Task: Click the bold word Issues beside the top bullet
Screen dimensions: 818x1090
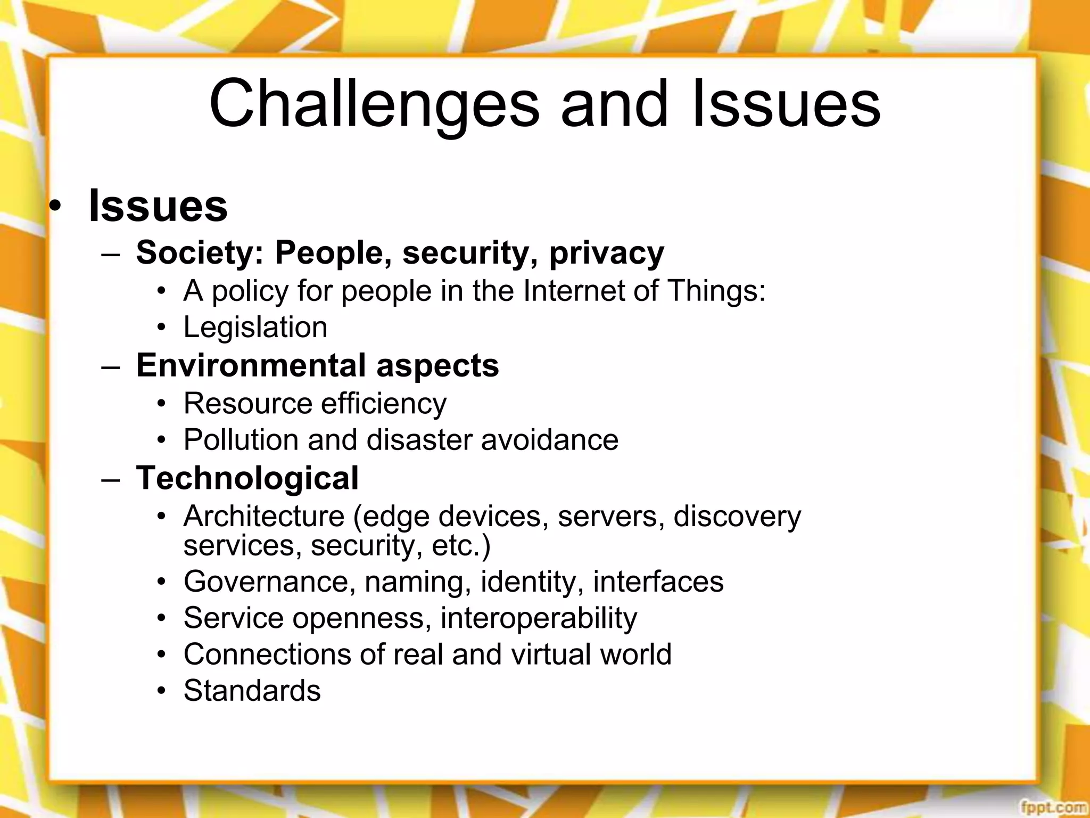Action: pos(158,206)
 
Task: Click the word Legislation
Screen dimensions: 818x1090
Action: pos(255,328)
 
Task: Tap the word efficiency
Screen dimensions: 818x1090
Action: pos(383,404)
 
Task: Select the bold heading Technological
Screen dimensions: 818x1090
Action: pos(247,478)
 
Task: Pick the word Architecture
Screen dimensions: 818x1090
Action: pos(264,516)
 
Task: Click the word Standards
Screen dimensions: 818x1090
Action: pos(252,691)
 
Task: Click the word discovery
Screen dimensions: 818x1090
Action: pos(737,517)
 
